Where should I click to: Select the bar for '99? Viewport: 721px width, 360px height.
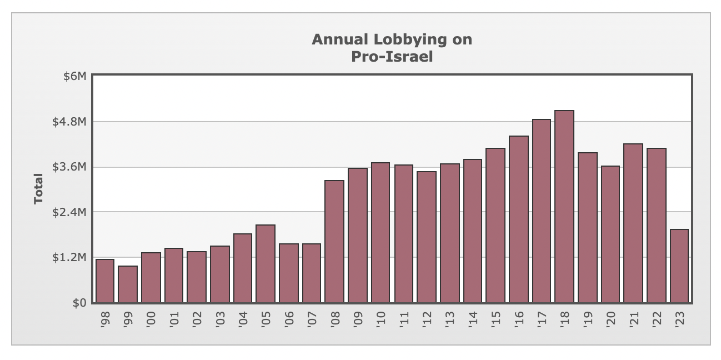coord(128,284)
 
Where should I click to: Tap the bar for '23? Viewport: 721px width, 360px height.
coord(679,266)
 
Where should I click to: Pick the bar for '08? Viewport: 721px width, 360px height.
coord(334,242)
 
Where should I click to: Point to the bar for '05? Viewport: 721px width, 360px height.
coord(266,264)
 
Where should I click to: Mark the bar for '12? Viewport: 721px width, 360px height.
coord(427,237)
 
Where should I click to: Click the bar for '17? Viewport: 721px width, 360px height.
coord(542,211)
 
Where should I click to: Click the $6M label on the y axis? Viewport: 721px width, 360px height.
coord(74,76)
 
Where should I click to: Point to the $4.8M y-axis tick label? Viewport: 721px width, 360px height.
coord(69,122)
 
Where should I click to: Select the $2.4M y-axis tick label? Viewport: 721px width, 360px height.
coord(69,212)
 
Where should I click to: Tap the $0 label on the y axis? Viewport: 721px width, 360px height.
coord(79,303)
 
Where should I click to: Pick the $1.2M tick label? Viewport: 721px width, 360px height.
coord(69,258)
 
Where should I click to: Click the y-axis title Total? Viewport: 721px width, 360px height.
coord(38,189)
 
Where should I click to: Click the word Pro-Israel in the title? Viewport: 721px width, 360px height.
coord(392,57)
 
